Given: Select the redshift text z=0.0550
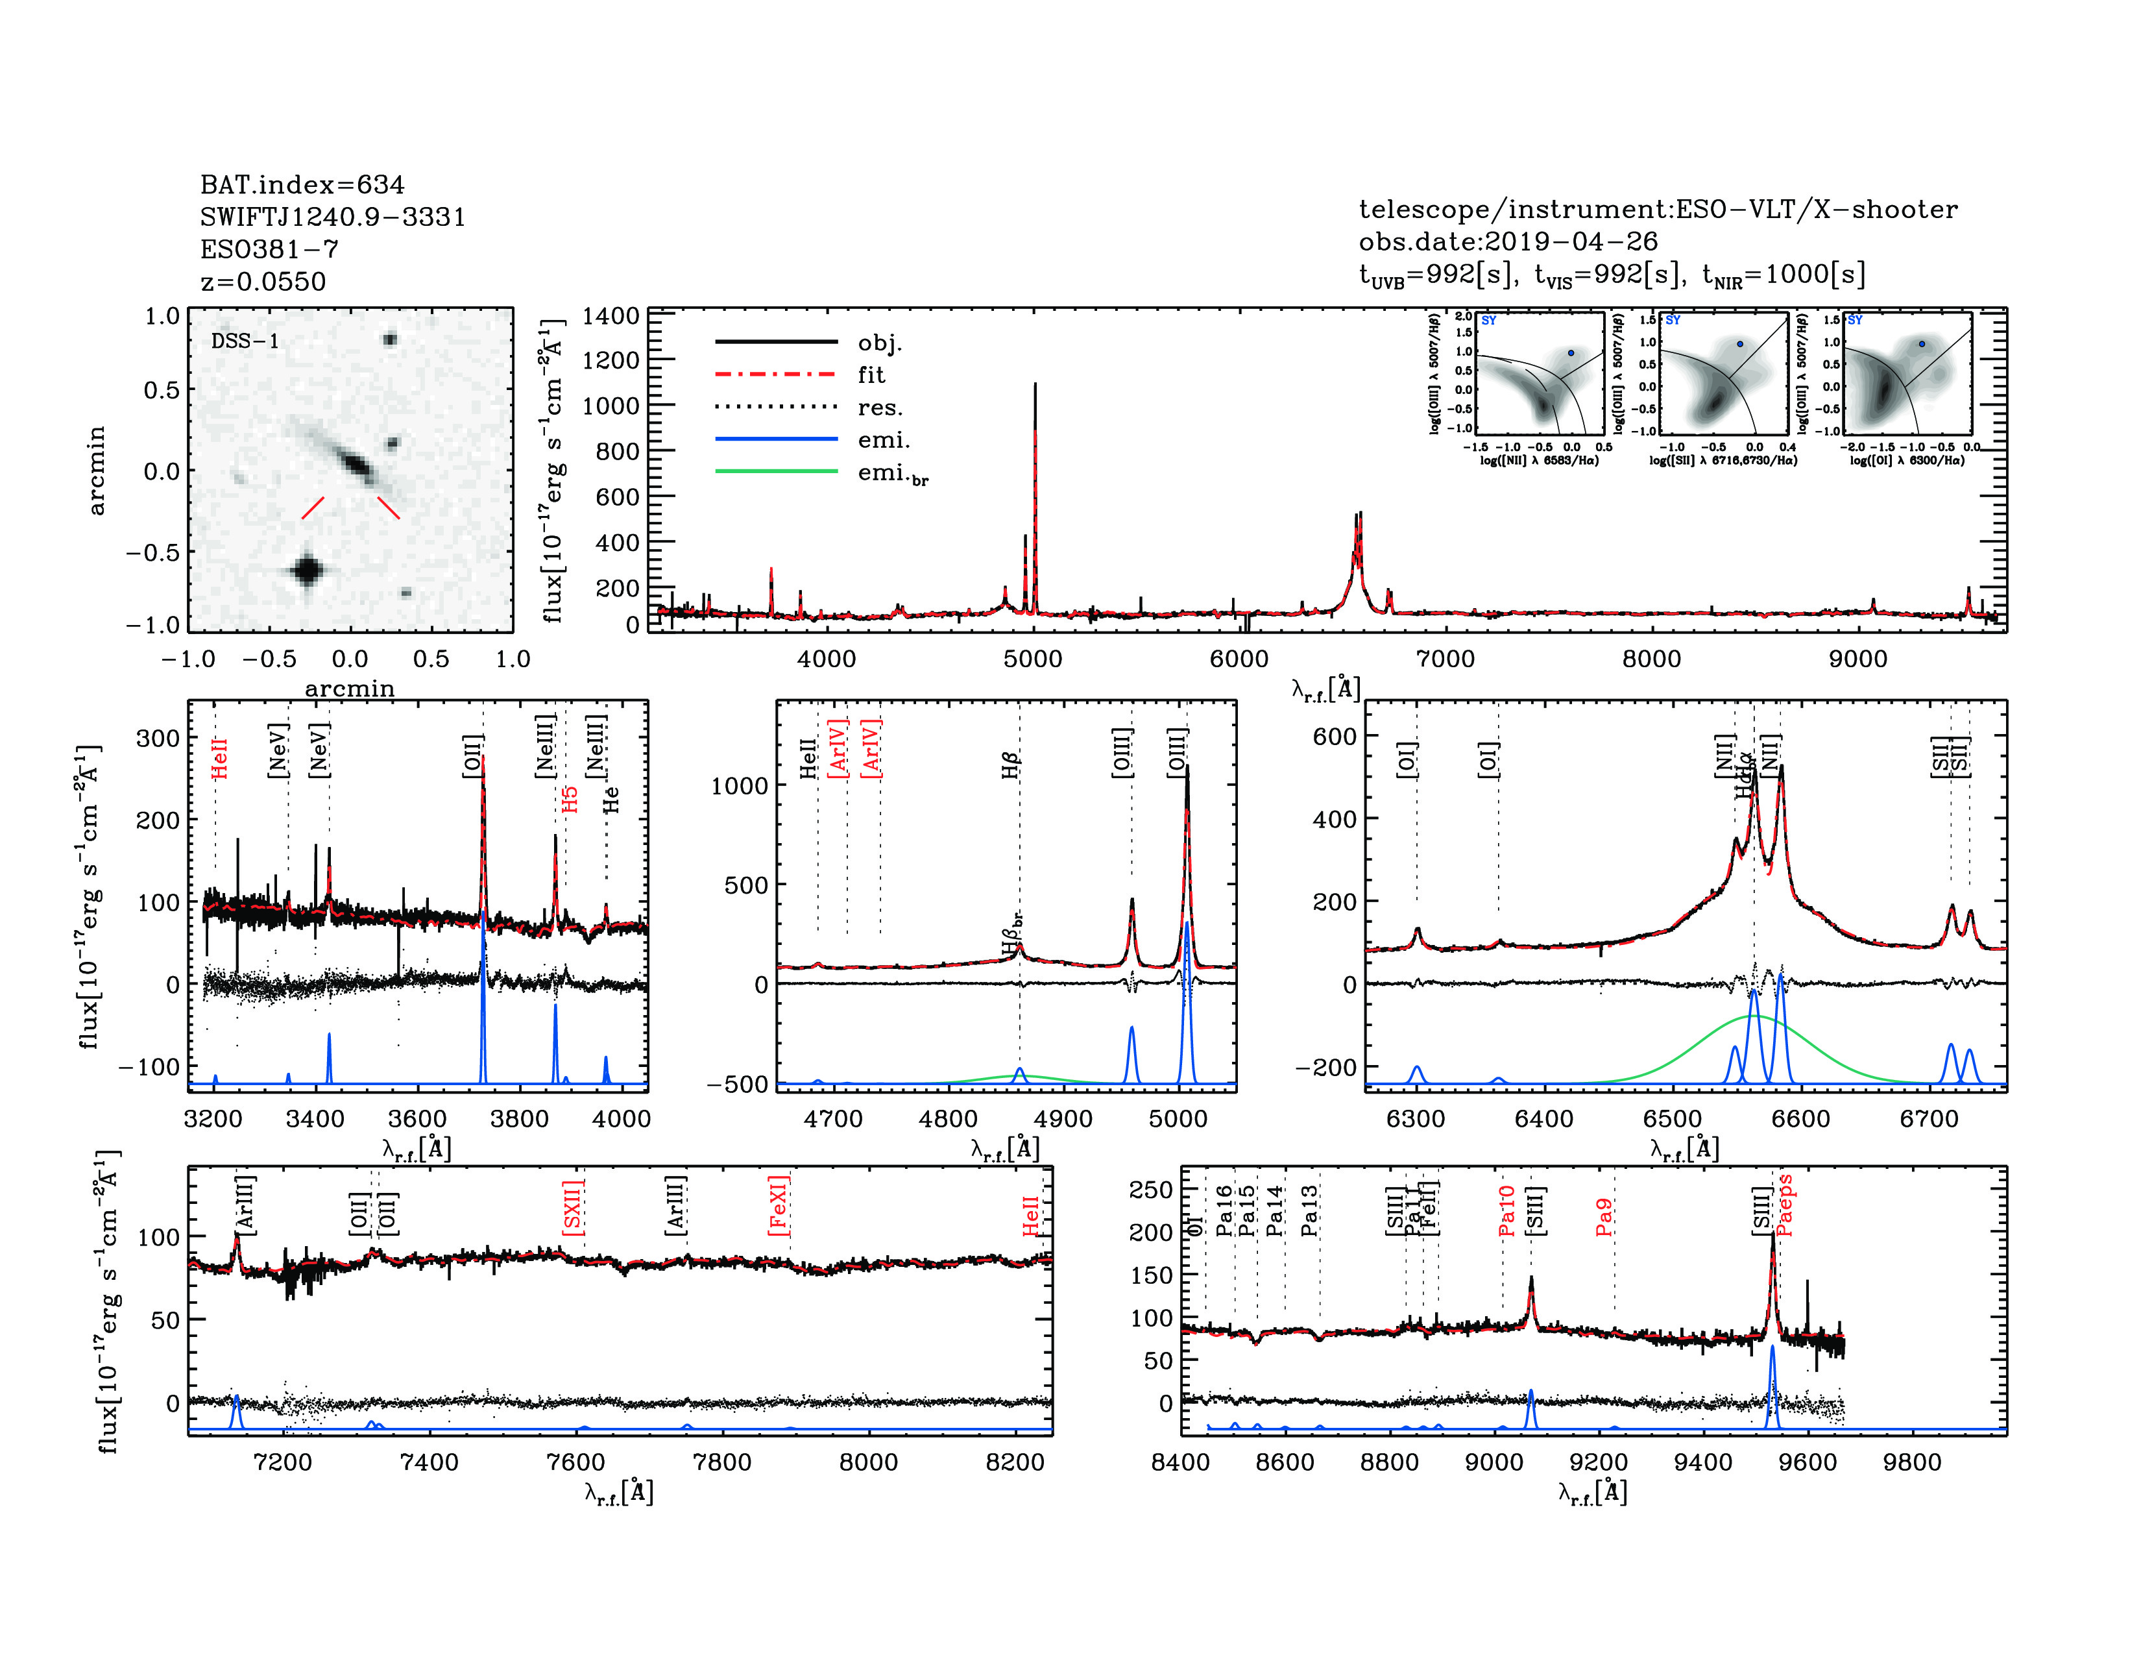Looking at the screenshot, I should [x=263, y=282].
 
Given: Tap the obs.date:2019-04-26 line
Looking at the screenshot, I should [x=1508, y=241].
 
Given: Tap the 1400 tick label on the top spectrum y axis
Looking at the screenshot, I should [x=610, y=315].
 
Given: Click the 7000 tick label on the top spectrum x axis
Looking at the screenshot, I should [x=1445, y=659].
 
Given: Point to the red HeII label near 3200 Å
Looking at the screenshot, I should [x=219, y=759].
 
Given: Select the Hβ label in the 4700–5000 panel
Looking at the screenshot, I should [x=1011, y=765].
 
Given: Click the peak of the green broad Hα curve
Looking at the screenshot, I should [x=1753, y=1017].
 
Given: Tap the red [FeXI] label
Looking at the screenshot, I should [x=779, y=1205].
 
